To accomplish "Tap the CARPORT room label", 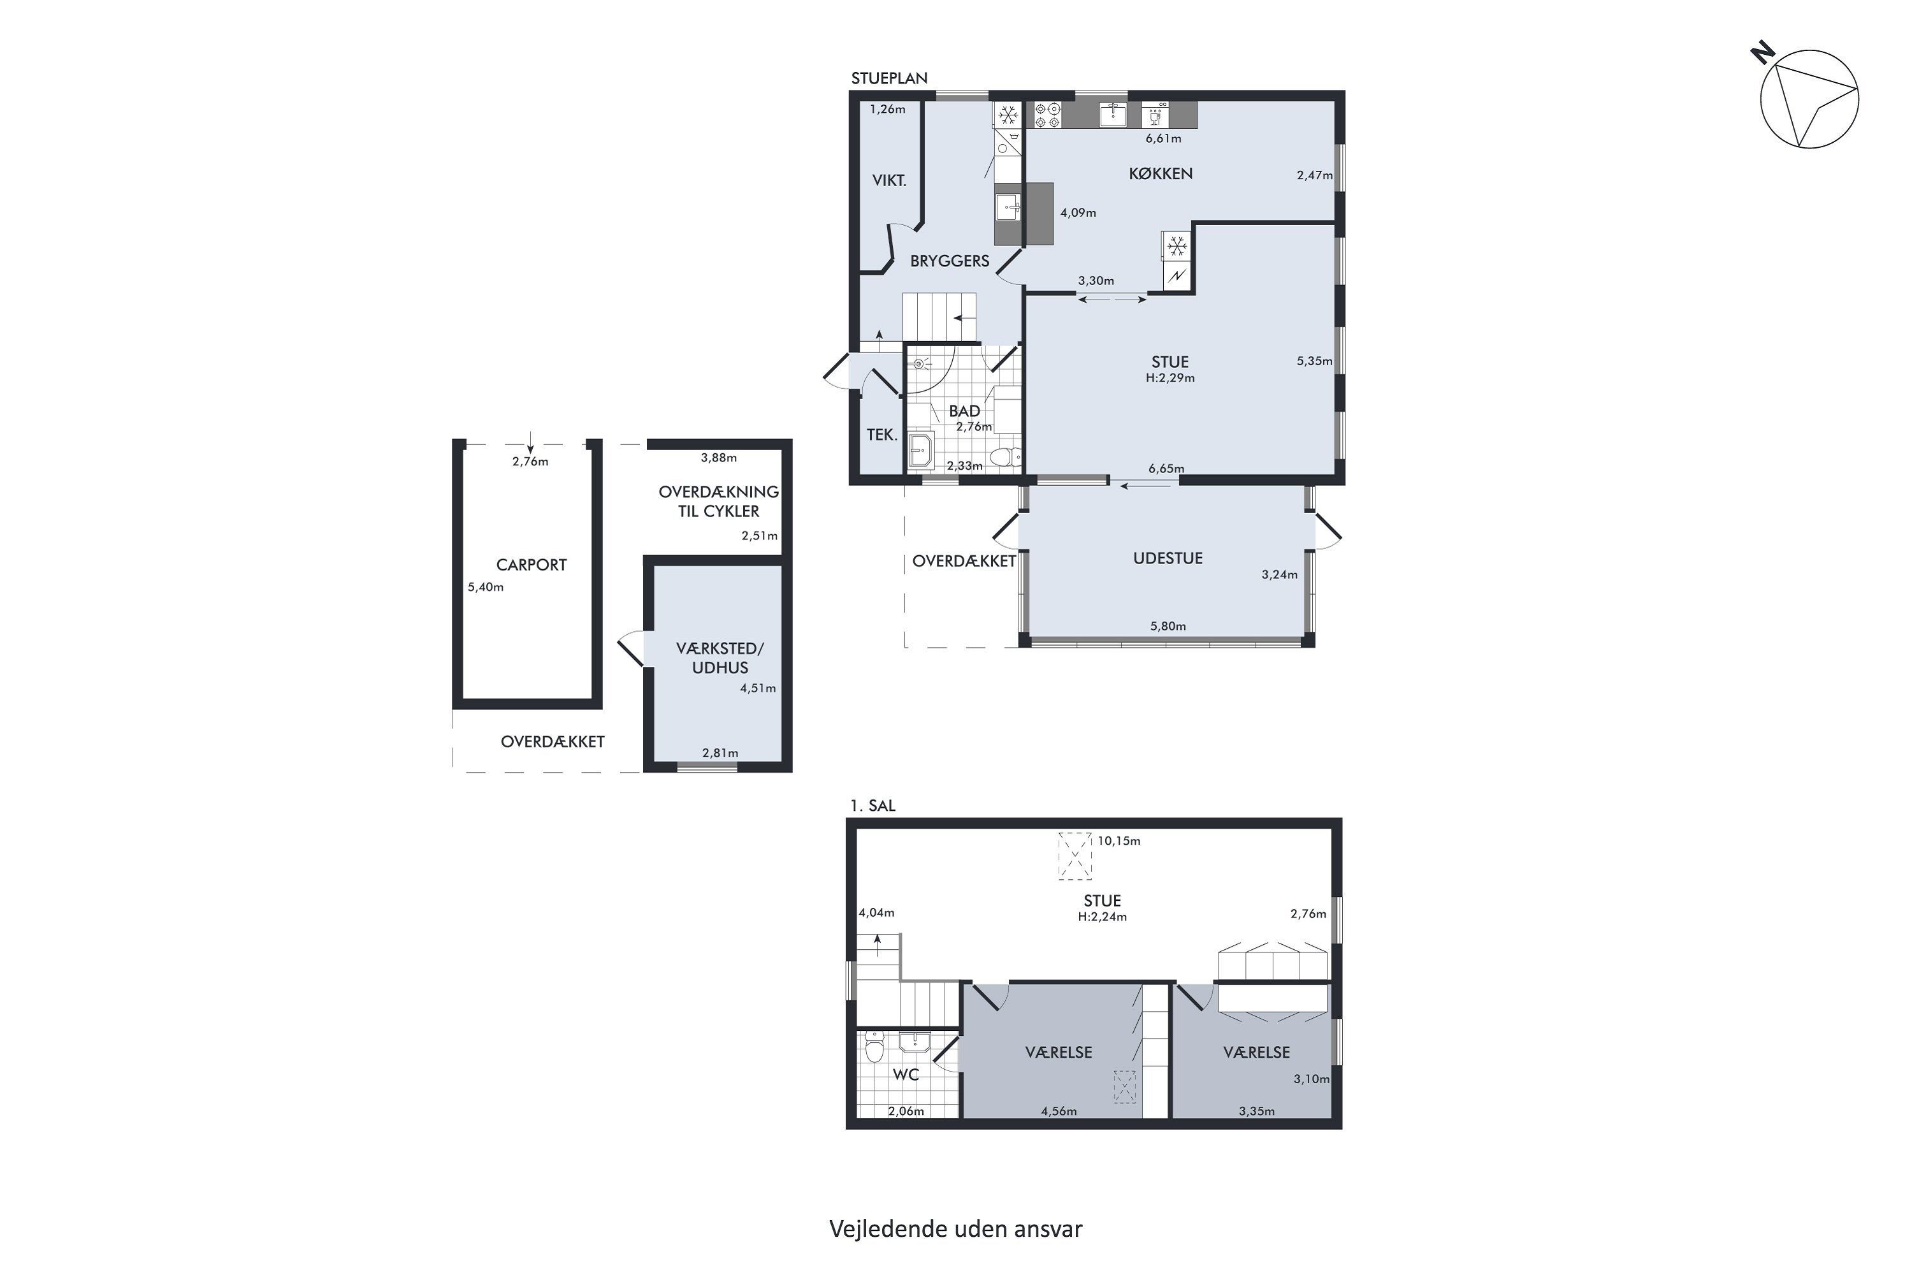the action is click(x=531, y=565).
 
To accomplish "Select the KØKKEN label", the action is click(x=1160, y=173).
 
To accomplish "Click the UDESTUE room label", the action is click(x=1168, y=558).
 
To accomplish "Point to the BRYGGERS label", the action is click(x=950, y=261).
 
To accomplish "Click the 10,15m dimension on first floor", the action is click(x=1119, y=841).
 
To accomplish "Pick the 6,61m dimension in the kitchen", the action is click(x=1163, y=138).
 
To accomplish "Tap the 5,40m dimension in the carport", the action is click(x=485, y=587).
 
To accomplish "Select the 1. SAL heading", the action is click(x=873, y=806).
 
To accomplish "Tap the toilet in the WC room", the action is click(x=874, y=1047).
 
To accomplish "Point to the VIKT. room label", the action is click(x=888, y=180).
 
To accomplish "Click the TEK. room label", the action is click(x=881, y=435).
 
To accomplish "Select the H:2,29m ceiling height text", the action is click(x=1170, y=378).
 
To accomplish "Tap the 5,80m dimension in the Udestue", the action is click(x=1168, y=626).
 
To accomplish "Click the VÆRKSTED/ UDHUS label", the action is click(x=720, y=658).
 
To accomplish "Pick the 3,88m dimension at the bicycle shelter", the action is click(x=719, y=458).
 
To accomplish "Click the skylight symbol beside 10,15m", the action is click(x=1074, y=856).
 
